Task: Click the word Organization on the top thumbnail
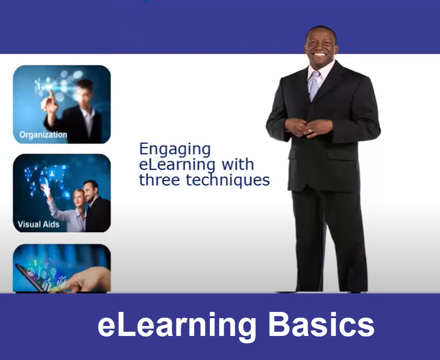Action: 43,135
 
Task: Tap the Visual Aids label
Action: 39,224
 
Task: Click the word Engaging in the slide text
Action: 175,149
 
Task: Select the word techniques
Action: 227,180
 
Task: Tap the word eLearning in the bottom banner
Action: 177,326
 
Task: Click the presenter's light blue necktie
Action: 314,85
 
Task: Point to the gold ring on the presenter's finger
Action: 310,131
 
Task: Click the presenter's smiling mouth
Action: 319,54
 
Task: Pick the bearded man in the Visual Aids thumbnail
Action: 96,206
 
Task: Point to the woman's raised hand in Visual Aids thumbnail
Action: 46,189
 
